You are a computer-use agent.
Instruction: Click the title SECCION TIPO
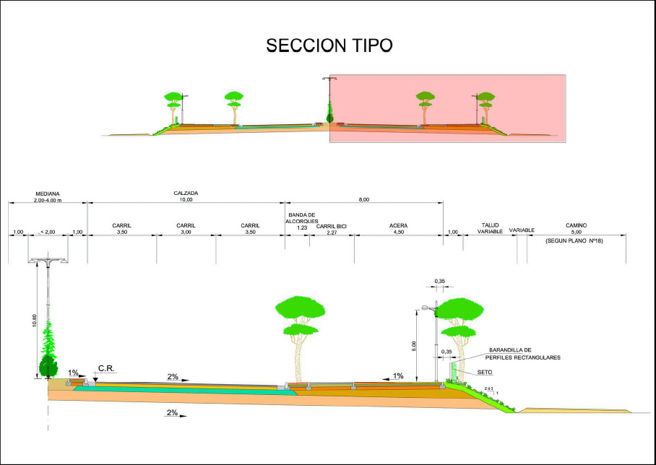point(329,45)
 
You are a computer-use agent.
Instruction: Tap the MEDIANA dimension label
point(48,196)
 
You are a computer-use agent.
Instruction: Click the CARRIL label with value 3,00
point(186,229)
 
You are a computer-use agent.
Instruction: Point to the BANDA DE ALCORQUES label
point(302,221)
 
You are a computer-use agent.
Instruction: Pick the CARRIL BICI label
point(332,229)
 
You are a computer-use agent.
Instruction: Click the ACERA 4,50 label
point(398,229)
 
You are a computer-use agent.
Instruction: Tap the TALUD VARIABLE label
point(490,229)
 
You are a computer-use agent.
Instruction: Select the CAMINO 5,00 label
point(576,229)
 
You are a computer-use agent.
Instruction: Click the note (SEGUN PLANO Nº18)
point(575,240)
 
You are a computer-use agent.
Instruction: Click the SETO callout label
point(485,373)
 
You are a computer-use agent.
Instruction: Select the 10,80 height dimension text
point(35,320)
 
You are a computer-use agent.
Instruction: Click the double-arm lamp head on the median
point(48,260)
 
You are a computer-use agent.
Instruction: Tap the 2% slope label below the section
point(172,413)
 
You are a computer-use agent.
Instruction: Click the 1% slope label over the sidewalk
point(397,375)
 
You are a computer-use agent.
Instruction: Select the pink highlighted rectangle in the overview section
point(448,108)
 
